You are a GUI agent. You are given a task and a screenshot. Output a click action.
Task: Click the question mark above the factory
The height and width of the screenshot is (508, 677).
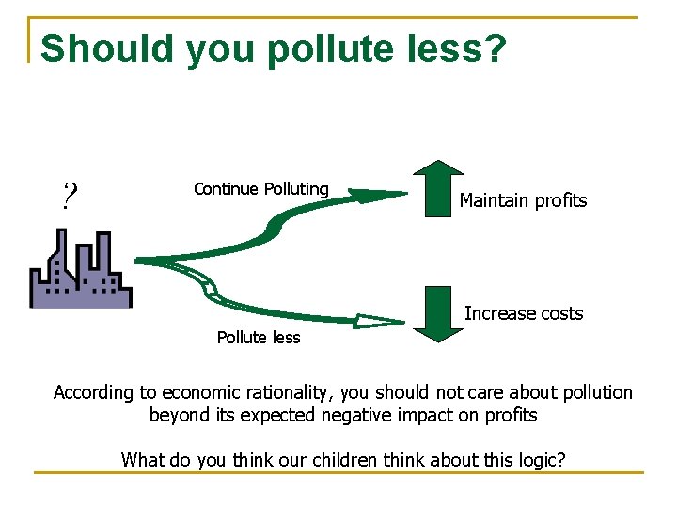[69, 197]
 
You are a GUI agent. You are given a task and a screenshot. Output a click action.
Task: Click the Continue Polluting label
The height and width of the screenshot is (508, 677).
[260, 189]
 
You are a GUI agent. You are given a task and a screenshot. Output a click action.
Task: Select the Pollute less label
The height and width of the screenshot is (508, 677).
[259, 338]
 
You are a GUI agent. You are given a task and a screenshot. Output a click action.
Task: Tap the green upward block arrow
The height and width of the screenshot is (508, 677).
[433, 188]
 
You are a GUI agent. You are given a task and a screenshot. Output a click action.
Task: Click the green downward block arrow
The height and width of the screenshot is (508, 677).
[433, 312]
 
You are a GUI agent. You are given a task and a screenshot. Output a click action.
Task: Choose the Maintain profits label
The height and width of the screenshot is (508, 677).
[523, 200]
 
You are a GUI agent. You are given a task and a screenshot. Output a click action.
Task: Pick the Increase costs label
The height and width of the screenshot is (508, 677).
[524, 313]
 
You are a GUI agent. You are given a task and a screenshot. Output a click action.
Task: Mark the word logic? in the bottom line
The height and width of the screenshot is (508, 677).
[540, 460]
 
